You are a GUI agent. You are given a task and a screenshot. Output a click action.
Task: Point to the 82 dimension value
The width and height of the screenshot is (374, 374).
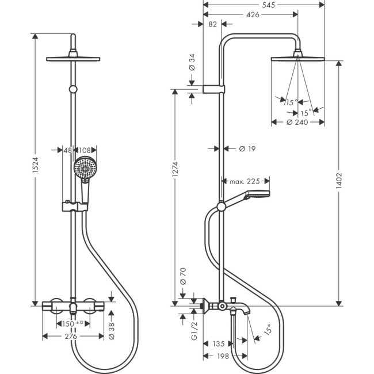pyautogui.click(x=212, y=24)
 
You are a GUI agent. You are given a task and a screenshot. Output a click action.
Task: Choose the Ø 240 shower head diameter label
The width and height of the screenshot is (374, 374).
pyautogui.click(x=297, y=122)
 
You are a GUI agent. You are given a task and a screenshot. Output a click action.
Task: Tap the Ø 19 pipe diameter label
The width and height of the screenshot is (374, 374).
pyautogui.click(x=247, y=148)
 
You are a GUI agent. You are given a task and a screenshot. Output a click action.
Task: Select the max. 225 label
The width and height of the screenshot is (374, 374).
pyautogui.click(x=246, y=181)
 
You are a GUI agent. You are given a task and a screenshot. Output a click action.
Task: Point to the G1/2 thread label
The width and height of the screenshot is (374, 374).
pyautogui.click(x=194, y=332)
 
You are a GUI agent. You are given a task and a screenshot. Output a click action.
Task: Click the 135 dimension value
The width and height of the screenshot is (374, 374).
pyautogui.click(x=218, y=344)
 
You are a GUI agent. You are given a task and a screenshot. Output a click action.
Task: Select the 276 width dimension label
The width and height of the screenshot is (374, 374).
pyautogui.click(x=72, y=336)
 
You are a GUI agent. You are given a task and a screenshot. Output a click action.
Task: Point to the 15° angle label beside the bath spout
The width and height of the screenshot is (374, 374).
pyautogui.click(x=267, y=330)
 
